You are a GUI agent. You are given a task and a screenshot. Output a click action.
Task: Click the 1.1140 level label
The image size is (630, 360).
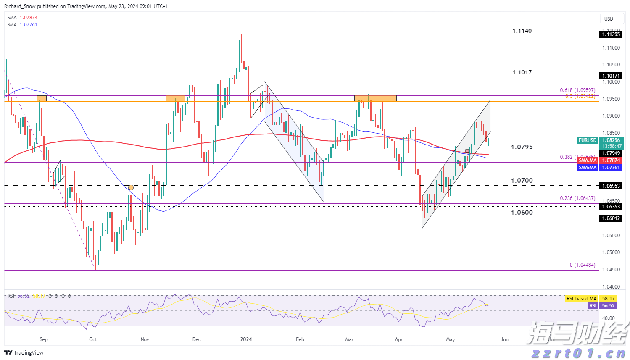(x=522, y=31)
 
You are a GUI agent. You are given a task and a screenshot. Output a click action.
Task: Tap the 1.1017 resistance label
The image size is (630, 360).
(x=522, y=72)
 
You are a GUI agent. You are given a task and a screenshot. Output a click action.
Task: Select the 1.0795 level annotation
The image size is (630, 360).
(x=522, y=147)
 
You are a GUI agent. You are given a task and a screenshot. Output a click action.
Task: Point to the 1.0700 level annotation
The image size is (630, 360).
(x=522, y=181)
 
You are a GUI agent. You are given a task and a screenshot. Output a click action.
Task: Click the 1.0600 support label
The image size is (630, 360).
(x=522, y=213)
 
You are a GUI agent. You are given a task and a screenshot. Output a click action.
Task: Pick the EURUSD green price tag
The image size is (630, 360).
(x=588, y=140)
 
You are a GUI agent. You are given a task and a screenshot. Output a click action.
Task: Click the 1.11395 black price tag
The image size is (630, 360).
(x=611, y=34)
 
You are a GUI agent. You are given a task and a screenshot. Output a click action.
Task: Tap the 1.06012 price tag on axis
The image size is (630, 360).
(x=611, y=218)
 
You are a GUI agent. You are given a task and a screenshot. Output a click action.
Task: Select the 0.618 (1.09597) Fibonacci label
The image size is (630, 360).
(x=577, y=90)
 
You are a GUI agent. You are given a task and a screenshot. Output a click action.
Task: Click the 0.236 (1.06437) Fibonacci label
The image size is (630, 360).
(x=577, y=198)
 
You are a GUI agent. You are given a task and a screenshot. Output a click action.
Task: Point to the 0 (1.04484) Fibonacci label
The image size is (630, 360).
(x=582, y=265)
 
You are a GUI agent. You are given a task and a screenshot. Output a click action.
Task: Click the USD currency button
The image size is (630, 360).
(x=609, y=18)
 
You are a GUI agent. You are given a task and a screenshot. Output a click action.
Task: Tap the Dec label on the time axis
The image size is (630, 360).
(x=196, y=339)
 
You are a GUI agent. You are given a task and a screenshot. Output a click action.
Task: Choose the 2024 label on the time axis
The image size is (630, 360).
(x=246, y=339)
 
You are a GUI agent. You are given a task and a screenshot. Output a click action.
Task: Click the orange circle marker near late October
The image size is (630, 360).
(x=131, y=187)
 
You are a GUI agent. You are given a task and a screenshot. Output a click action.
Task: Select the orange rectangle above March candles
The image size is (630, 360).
(x=375, y=98)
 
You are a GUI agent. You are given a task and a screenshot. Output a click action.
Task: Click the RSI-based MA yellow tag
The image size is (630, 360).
(x=581, y=299)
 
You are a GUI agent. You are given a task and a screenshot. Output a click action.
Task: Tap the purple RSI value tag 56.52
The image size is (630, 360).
(x=608, y=306)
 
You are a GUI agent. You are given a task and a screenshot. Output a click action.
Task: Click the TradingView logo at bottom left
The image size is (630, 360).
(x=24, y=352)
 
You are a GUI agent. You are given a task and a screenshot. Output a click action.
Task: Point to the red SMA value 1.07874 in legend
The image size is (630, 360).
(x=28, y=18)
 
